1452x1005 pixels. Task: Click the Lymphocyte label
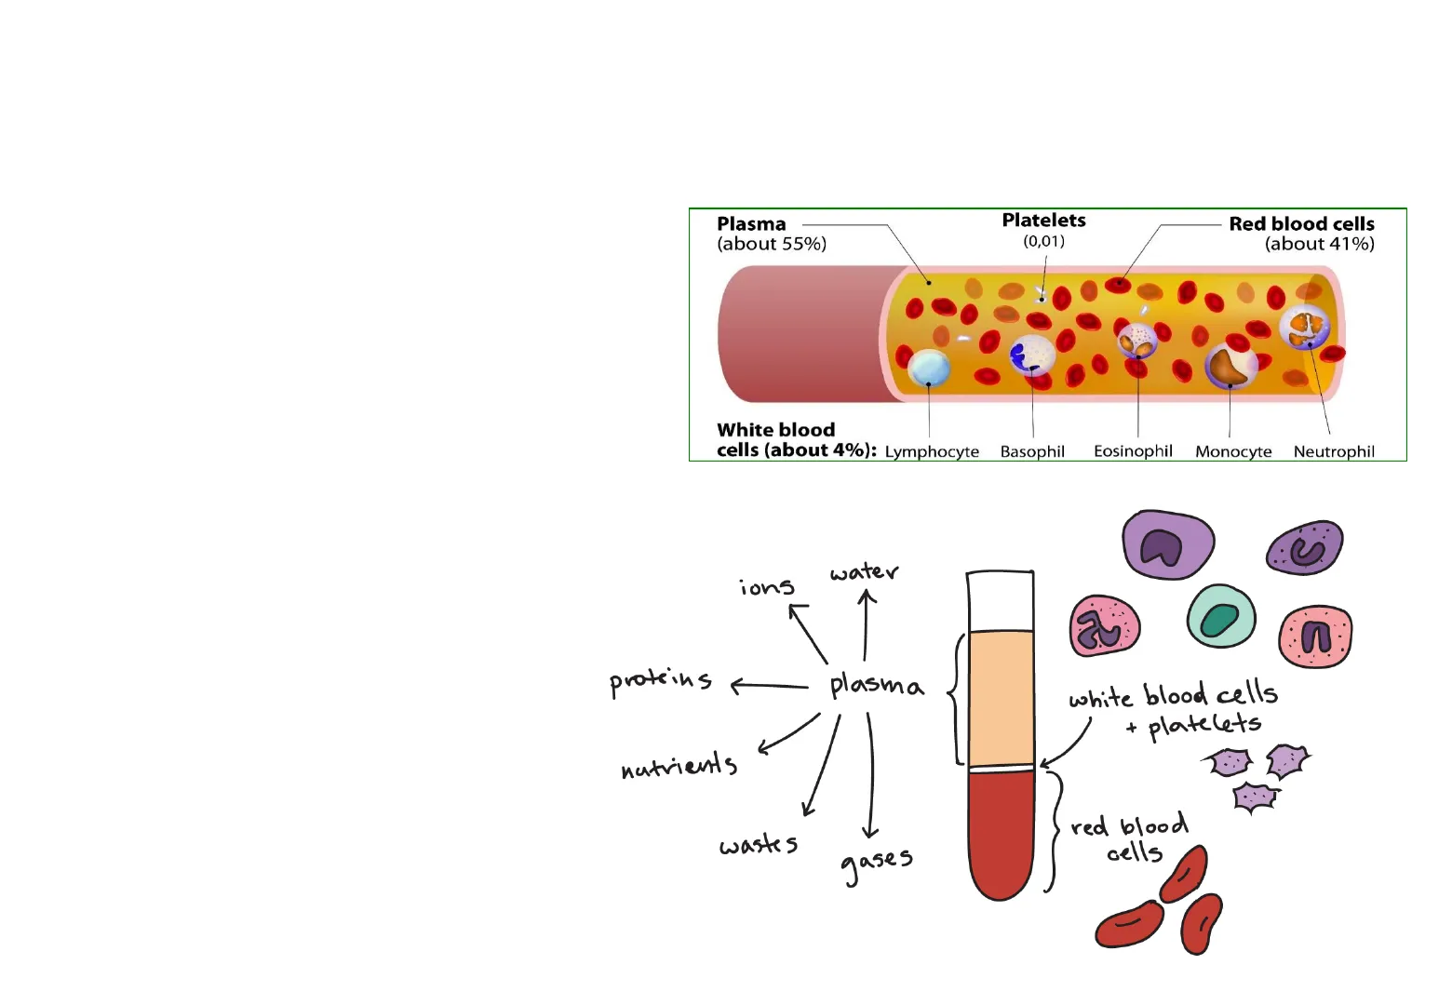[x=932, y=451]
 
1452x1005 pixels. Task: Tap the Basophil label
[x=1032, y=451]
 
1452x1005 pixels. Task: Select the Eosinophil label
[x=1133, y=451]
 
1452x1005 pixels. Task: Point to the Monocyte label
[x=1233, y=451]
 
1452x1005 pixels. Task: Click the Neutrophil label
[x=1334, y=451]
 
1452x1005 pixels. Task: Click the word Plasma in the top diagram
[x=751, y=224]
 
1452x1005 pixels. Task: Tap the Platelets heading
[x=1043, y=221]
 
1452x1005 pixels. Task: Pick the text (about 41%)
[x=1319, y=244]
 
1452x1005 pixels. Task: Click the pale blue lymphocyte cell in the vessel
[x=928, y=368]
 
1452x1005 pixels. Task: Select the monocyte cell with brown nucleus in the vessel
[x=1230, y=365]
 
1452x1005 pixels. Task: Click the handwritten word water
[x=864, y=572]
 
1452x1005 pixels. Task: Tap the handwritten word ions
[x=767, y=587]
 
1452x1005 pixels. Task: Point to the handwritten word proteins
[x=661, y=681]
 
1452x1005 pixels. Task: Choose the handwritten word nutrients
[x=679, y=766]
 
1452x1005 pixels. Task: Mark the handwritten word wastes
[x=759, y=845]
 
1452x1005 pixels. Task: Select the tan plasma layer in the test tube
[x=1002, y=698]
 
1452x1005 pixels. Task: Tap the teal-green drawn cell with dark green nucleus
[x=1221, y=617]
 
